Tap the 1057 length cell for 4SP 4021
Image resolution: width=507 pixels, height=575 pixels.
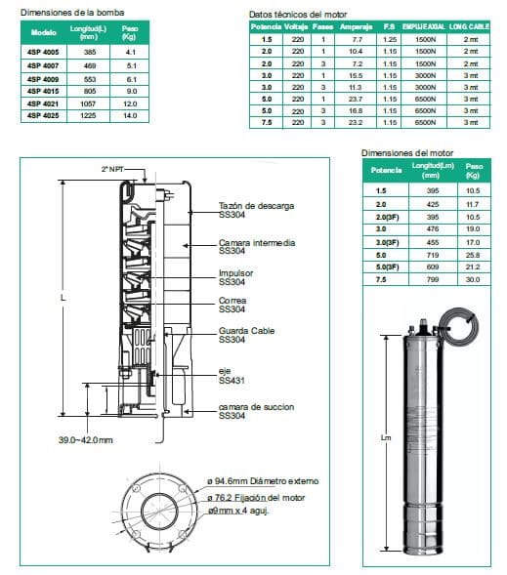[90, 103]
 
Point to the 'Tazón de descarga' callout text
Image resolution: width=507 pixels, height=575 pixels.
[255, 207]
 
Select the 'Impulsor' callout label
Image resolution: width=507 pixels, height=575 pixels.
[236, 272]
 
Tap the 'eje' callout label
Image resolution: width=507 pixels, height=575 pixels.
[225, 372]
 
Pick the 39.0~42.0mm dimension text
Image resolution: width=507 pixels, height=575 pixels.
[85, 440]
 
